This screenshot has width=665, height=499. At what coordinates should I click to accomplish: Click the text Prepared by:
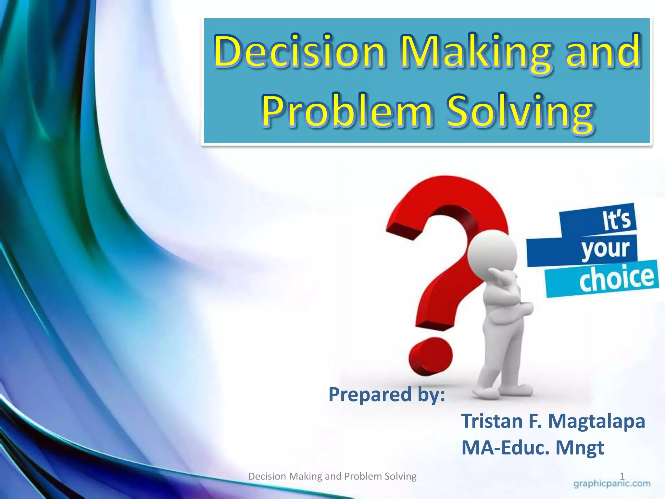pyautogui.click(x=386, y=395)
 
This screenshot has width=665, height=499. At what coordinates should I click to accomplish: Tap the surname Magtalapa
pyautogui.click(x=596, y=421)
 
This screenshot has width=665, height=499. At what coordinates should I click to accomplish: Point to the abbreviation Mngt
pyautogui.click(x=580, y=448)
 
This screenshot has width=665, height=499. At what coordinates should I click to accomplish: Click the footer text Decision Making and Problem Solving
pyautogui.click(x=332, y=476)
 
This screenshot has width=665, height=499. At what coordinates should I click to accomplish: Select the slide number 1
pyautogui.click(x=622, y=476)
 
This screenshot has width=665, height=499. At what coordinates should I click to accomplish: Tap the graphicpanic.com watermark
pyautogui.click(x=612, y=484)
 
